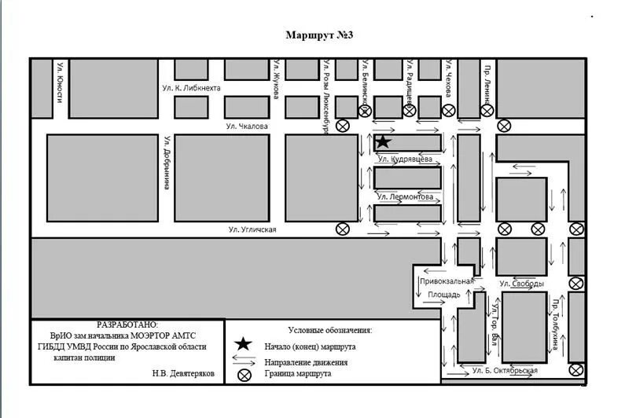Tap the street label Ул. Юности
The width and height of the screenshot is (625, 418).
pyautogui.click(x=60, y=83)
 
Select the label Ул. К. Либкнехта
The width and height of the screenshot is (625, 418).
pyautogui.click(x=189, y=88)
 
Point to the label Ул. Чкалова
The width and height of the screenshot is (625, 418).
pyautogui.click(x=247, y=126)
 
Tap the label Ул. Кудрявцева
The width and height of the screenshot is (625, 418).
pyautogui.click(x=404, y=159)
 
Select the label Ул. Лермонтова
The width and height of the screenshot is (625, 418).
pyautogui.click(x=404, y=197)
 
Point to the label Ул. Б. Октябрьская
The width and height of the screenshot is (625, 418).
pyautogui.click(x=506, y=370)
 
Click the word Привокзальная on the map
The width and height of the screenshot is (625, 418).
pyautogui.click(x=447, y=281)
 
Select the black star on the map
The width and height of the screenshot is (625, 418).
pyautogui.click(x=382, y=142)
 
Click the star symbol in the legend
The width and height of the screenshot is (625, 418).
pyautogui.click(x=244, y=344)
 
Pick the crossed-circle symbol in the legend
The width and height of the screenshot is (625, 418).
pyautogui.click(x=244, y=375)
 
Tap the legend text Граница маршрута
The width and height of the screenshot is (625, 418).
pyautogui.click(x=299, y=375)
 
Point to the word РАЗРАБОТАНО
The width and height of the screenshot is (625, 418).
pyautogui.click(x=127, y=324)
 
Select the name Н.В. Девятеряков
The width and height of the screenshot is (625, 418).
pyautogui.click(x=183, y=374)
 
